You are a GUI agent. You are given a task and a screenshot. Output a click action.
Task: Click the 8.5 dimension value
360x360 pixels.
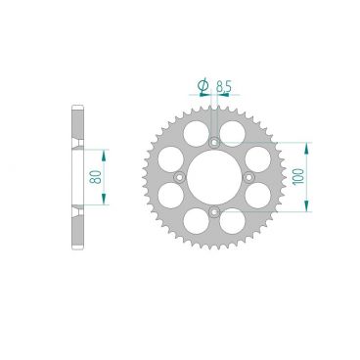pos(224,86)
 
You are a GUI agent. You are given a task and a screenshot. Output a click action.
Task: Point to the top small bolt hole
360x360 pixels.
pos(213,142)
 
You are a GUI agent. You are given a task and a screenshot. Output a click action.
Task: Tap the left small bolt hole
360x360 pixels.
pos(180,176)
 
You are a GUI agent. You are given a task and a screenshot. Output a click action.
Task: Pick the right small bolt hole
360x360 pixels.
pos(247,176)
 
